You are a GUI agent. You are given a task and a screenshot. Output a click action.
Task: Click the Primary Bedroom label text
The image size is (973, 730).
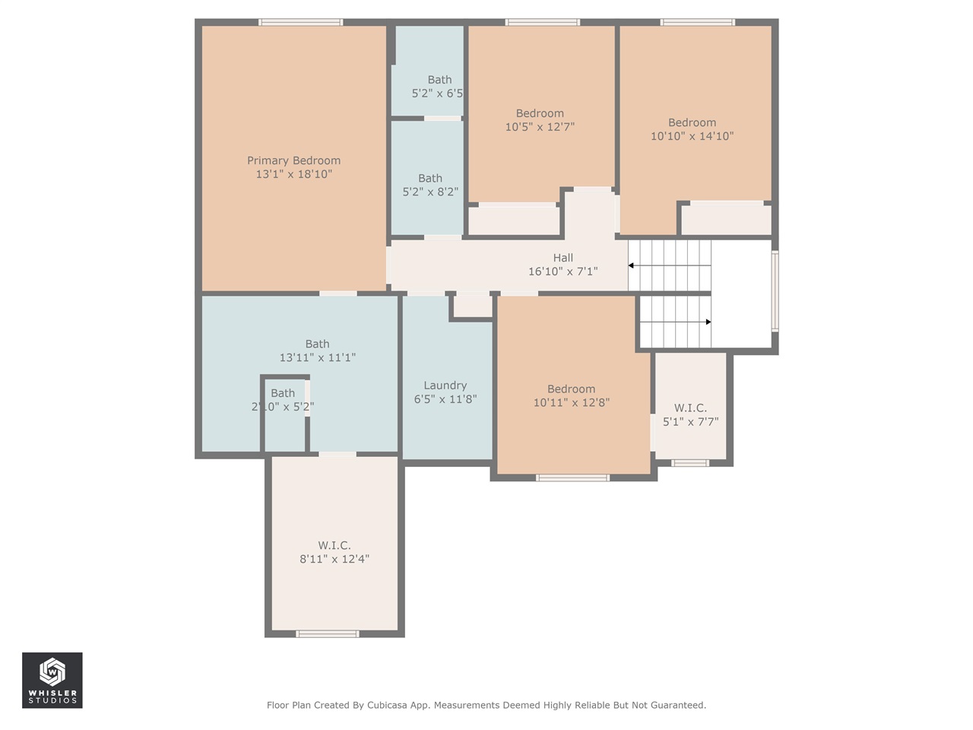(293, 160)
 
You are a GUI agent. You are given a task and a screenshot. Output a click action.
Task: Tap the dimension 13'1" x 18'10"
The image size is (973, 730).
(293, 174)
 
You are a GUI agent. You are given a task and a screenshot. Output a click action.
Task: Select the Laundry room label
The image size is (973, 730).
(445, 386)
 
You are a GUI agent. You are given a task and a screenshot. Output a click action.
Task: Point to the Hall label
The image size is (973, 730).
(563, 258)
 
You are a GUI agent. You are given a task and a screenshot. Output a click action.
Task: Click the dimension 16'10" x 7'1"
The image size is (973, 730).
(563, 271)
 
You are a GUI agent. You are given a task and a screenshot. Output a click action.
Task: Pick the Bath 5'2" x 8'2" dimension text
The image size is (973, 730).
(430, 192)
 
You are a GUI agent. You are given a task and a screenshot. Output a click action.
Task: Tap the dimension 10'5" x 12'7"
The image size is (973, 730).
(540, 127)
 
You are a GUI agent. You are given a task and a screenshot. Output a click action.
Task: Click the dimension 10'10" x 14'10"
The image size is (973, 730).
(692, 136)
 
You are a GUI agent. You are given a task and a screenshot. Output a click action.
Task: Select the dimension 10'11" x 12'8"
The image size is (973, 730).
(571, 402)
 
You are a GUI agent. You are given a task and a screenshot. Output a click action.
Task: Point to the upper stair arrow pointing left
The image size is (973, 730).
(632, 265)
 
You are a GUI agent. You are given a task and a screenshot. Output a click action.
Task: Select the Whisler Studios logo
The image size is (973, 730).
(52, 680)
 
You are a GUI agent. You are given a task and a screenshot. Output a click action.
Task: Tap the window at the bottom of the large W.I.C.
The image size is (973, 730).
(327, 633)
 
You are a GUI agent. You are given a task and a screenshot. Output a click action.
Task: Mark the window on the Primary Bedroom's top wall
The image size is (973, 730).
(300, 22)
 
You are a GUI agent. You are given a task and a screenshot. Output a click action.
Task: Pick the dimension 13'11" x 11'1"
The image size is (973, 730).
(317, 357)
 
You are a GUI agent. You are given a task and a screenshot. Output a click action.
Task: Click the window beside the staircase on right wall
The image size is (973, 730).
(775, 291)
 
